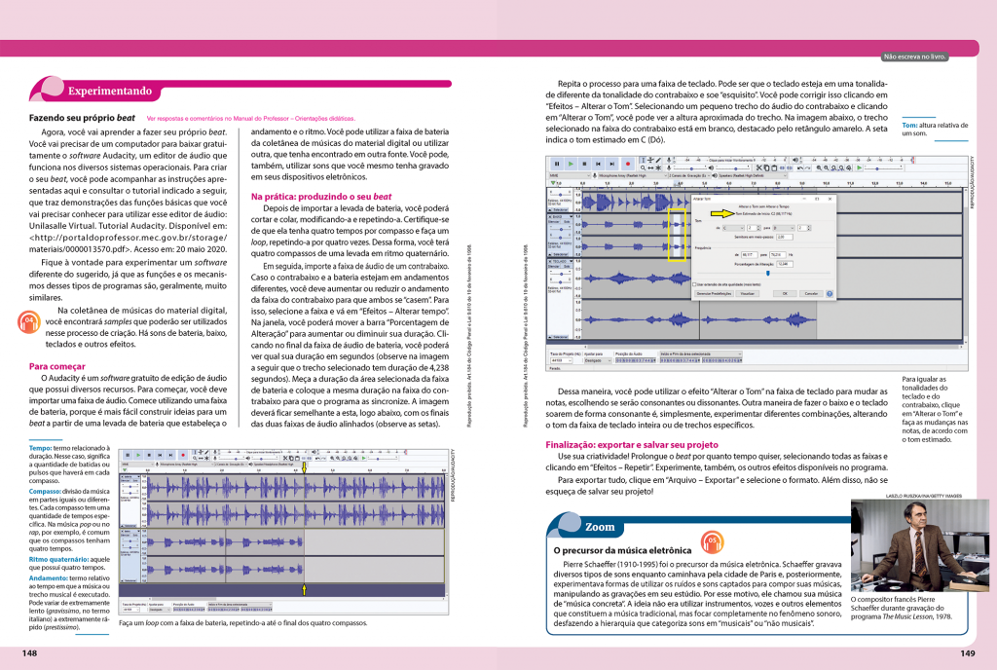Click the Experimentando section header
(x=109, y=92)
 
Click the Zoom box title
(x=600, y=527)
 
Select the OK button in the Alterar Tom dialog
(x=781, y=292)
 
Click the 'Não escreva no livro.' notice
(x=914, y=56)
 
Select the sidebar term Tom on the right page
(x=909, y=126)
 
